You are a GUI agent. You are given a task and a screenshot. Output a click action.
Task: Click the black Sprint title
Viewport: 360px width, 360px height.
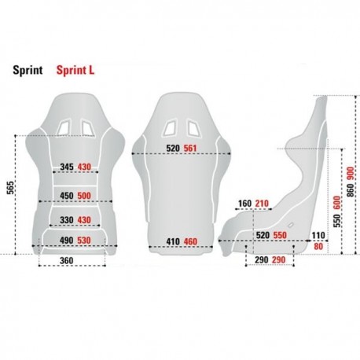tap(28, 69)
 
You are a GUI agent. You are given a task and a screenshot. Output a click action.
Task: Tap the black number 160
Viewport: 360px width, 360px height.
tap(244, 204)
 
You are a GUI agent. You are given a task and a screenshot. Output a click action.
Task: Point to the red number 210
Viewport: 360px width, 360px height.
tap(262, 204)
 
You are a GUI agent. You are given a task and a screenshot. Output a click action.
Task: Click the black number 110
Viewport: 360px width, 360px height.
tap(318, 235)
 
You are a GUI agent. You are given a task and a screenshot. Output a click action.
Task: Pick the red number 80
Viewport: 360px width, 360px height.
tap(318, 246)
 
